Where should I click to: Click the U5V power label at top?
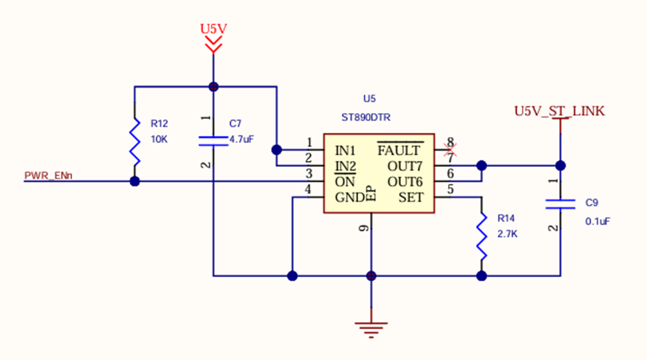214,29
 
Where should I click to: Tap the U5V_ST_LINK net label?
559,111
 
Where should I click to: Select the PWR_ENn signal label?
49,176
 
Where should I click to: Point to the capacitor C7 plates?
214,140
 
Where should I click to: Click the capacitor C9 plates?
560,204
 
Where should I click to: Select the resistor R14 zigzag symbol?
481,236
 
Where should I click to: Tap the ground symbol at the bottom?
371,327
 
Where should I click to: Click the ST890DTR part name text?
365,117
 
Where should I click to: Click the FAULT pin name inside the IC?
399,150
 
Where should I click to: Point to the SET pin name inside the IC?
411,197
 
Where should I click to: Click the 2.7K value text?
507,234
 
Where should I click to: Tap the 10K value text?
158,140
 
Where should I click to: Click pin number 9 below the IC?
363,228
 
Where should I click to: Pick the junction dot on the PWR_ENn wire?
135,182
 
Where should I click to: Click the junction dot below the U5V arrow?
214,87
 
